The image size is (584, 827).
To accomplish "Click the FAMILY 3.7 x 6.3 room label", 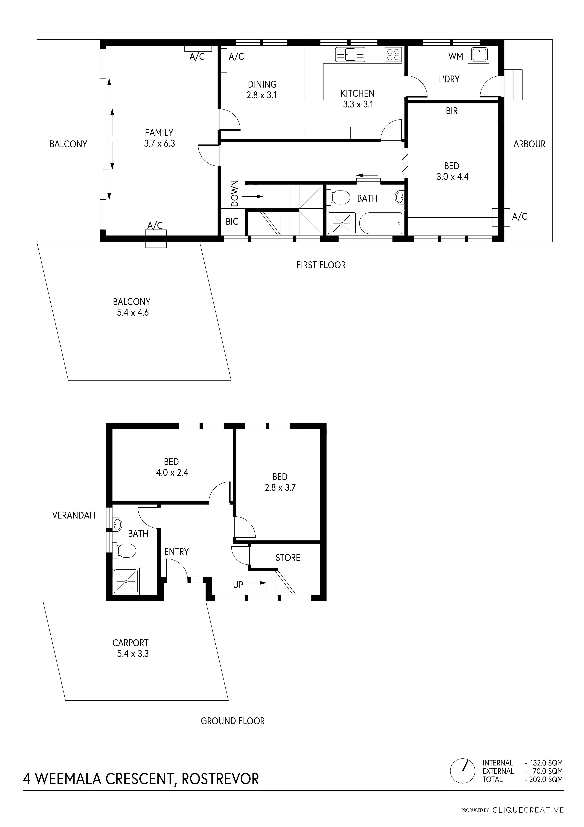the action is tap(159, 138).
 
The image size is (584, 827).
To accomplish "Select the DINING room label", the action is tap(262, 84).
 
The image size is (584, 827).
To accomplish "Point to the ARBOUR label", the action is tap(529, 144).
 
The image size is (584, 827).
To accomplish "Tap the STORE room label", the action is tap(288, 558).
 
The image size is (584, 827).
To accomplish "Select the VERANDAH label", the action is tap(74, 515).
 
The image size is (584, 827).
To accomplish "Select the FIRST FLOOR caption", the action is tap(321, 265).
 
